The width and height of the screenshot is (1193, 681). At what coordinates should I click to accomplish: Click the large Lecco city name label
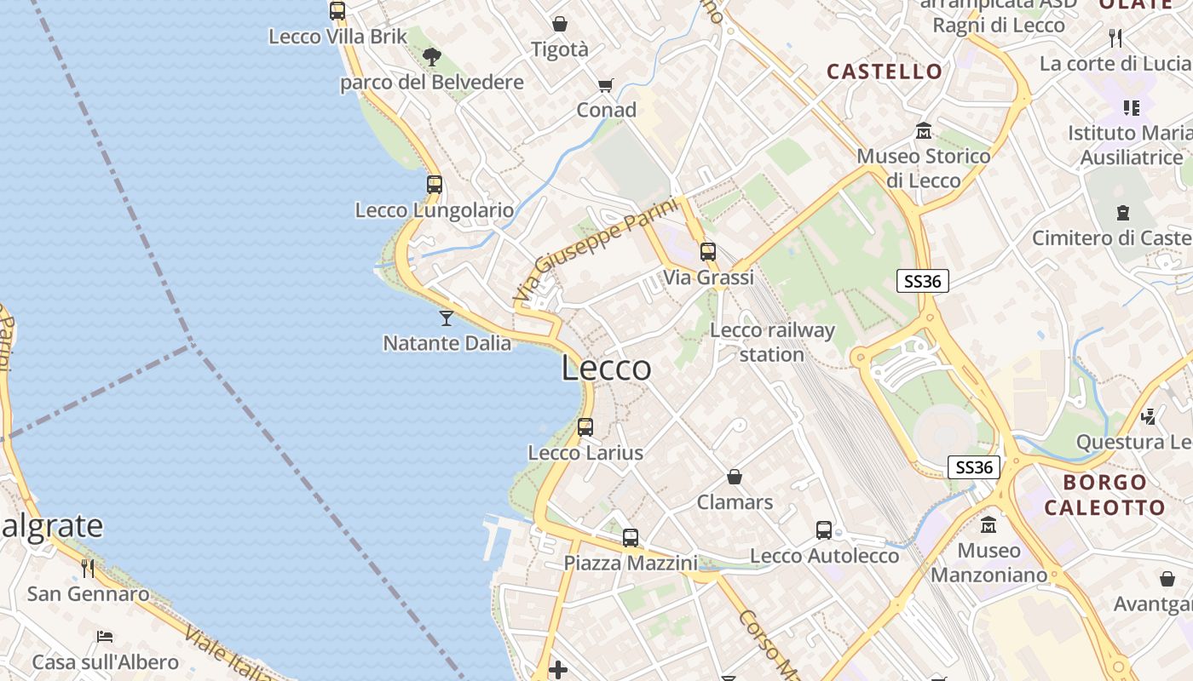(x=607, y=369)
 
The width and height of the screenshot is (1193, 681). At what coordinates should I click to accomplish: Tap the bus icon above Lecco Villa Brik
(x=337, y=11)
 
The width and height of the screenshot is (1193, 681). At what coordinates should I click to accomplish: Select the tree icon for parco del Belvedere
(x=432, y=57)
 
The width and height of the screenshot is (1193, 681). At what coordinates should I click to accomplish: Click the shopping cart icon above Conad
(x=606, y=85)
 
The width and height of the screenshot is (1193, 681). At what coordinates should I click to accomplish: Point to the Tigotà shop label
(x=560, y=49)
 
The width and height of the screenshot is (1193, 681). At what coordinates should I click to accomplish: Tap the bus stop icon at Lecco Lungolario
(x=435, y=184)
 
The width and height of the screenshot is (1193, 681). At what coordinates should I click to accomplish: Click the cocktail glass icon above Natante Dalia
(x=446, y=318)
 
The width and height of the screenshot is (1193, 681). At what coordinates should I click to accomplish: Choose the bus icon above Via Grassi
(x=708, y=252)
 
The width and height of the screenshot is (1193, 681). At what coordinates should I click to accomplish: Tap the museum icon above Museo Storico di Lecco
(x=924, y=131)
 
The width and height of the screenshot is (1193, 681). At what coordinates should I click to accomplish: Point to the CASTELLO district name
(x=885, y=72)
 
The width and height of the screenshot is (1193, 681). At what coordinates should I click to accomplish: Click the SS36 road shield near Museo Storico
(x=923, y=280)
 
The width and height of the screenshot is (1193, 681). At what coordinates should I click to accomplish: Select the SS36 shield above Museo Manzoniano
(x=974, y=467)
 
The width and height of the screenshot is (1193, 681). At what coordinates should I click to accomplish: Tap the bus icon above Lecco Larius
(x=585, y=427)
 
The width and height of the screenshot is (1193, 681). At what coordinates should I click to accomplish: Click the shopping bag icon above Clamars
(x=735, y=477)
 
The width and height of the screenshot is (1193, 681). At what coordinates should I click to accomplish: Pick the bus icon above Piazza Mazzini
(x=631, y=538)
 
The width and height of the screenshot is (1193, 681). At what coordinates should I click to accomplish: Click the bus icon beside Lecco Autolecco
(x=824, y=530)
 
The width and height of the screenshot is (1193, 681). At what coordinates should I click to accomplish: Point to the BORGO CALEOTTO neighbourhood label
(x=1104, y=495)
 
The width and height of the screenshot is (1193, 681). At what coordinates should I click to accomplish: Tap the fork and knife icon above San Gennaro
(x=88, y=568)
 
